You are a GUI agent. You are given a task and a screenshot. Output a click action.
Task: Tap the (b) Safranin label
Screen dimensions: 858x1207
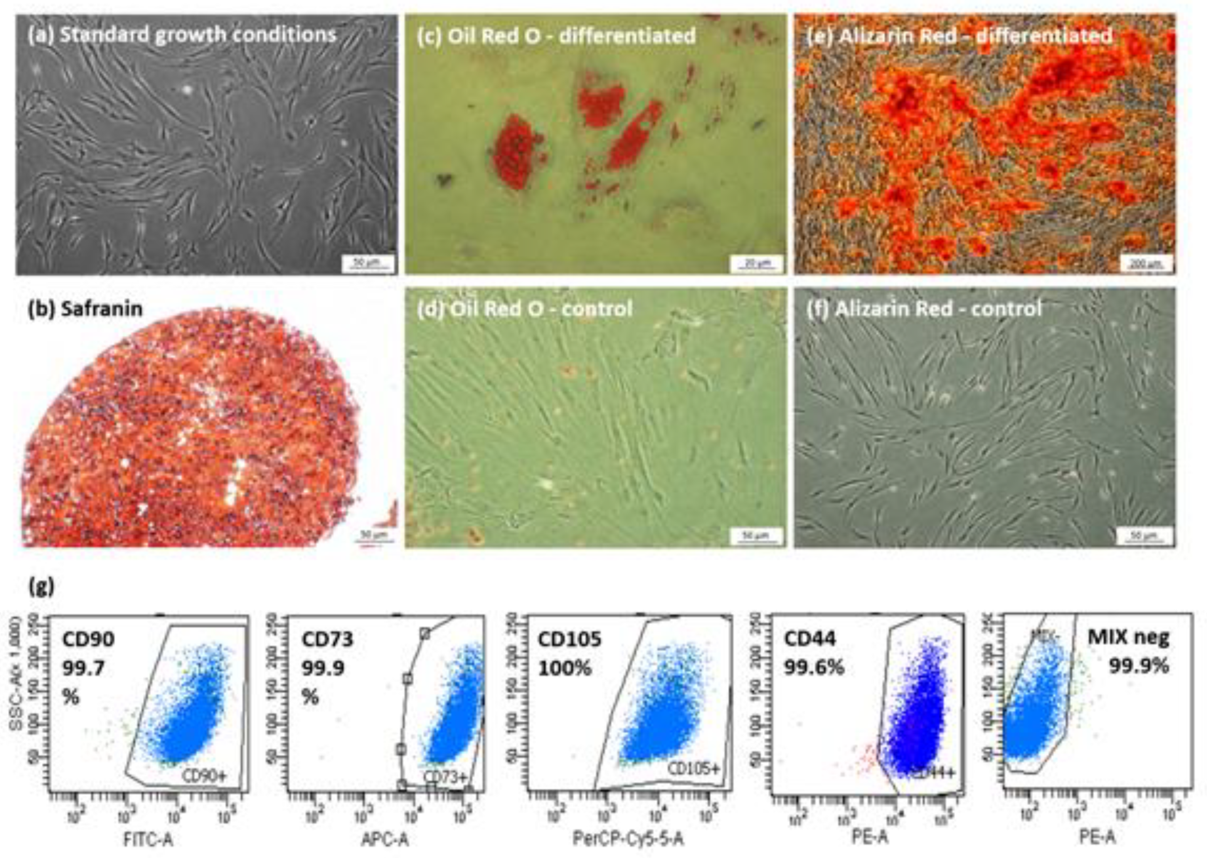click(85, 309)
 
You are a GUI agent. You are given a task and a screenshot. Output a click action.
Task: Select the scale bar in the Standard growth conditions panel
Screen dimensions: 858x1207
click(368, 263)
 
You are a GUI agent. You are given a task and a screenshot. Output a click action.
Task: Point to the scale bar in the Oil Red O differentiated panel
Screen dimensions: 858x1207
click(757, 263)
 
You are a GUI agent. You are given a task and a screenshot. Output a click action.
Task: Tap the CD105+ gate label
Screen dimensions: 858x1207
click(693, 769)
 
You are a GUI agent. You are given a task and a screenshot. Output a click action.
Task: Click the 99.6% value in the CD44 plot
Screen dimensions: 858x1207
click(813, 668)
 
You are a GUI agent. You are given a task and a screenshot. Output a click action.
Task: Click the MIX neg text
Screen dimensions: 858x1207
click(1128, 638)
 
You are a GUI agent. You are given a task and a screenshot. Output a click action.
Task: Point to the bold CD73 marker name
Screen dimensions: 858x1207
click(328, 639)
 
